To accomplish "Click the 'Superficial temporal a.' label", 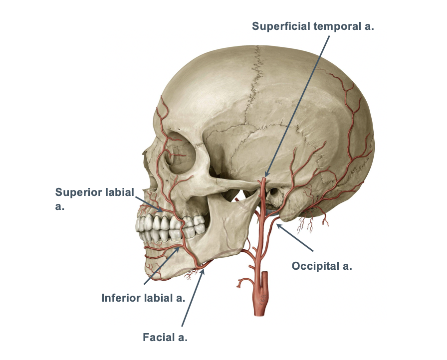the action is click(x=313, y=26).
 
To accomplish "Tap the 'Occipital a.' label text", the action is click(x=322, y=266).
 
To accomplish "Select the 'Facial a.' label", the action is click(x=165, y=338).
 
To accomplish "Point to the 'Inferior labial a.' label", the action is click(x=144, y=298).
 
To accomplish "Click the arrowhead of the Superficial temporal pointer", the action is click(x=265, y=177).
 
